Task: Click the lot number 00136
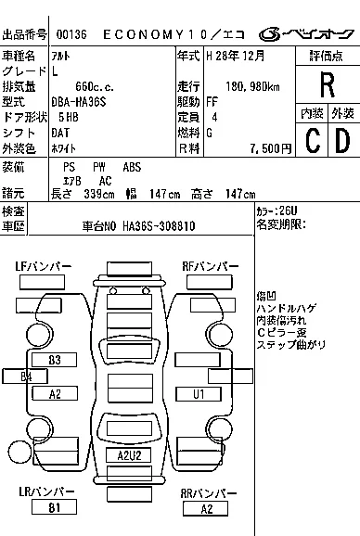pos(71,34)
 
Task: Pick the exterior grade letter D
pos(342,141)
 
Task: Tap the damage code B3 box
pos(55,359)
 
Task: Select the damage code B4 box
pos(27,376)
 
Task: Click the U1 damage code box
pos(198,394)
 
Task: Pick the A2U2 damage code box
pos(129,455)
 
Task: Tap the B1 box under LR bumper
pos(55,507)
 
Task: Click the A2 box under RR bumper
pos(206,508)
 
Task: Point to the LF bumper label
pos(43,266)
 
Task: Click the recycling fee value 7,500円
pos(269,148)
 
